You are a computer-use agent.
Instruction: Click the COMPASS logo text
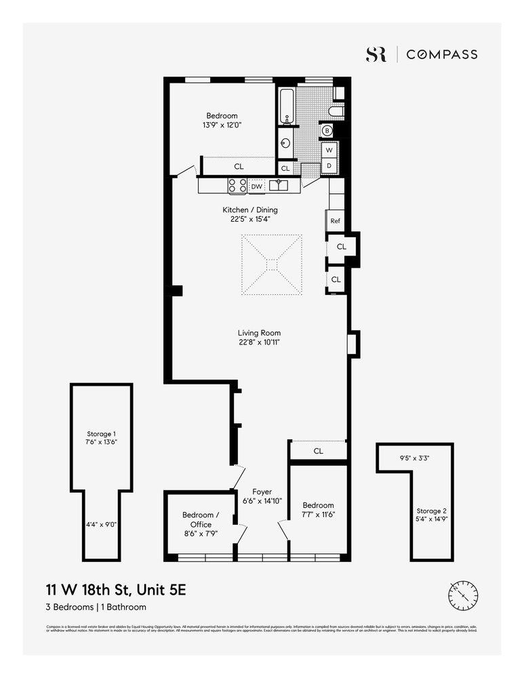[441, 55]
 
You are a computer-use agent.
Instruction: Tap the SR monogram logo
[376, 55]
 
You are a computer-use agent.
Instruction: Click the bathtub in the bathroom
[287, 106]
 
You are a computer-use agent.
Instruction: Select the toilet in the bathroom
[336, 111]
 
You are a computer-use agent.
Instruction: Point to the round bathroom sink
[286, 144]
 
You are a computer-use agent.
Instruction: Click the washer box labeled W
[329, 150]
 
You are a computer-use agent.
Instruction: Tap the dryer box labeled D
[329, 165]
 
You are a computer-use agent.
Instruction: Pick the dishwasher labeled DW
[256, 186]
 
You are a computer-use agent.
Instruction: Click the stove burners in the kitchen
[237, 185]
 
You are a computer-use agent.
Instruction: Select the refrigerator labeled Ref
[335, 221]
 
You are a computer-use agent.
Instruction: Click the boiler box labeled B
[327, 130]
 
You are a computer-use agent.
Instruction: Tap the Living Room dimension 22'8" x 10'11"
[259, 342]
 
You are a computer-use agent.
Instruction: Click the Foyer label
[262, 492]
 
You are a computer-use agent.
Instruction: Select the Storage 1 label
[102, 433]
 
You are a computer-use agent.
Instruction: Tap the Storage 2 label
[431, 511]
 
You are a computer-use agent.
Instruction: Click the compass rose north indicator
[464, 595]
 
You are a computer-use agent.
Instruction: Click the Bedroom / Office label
[201, 520]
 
